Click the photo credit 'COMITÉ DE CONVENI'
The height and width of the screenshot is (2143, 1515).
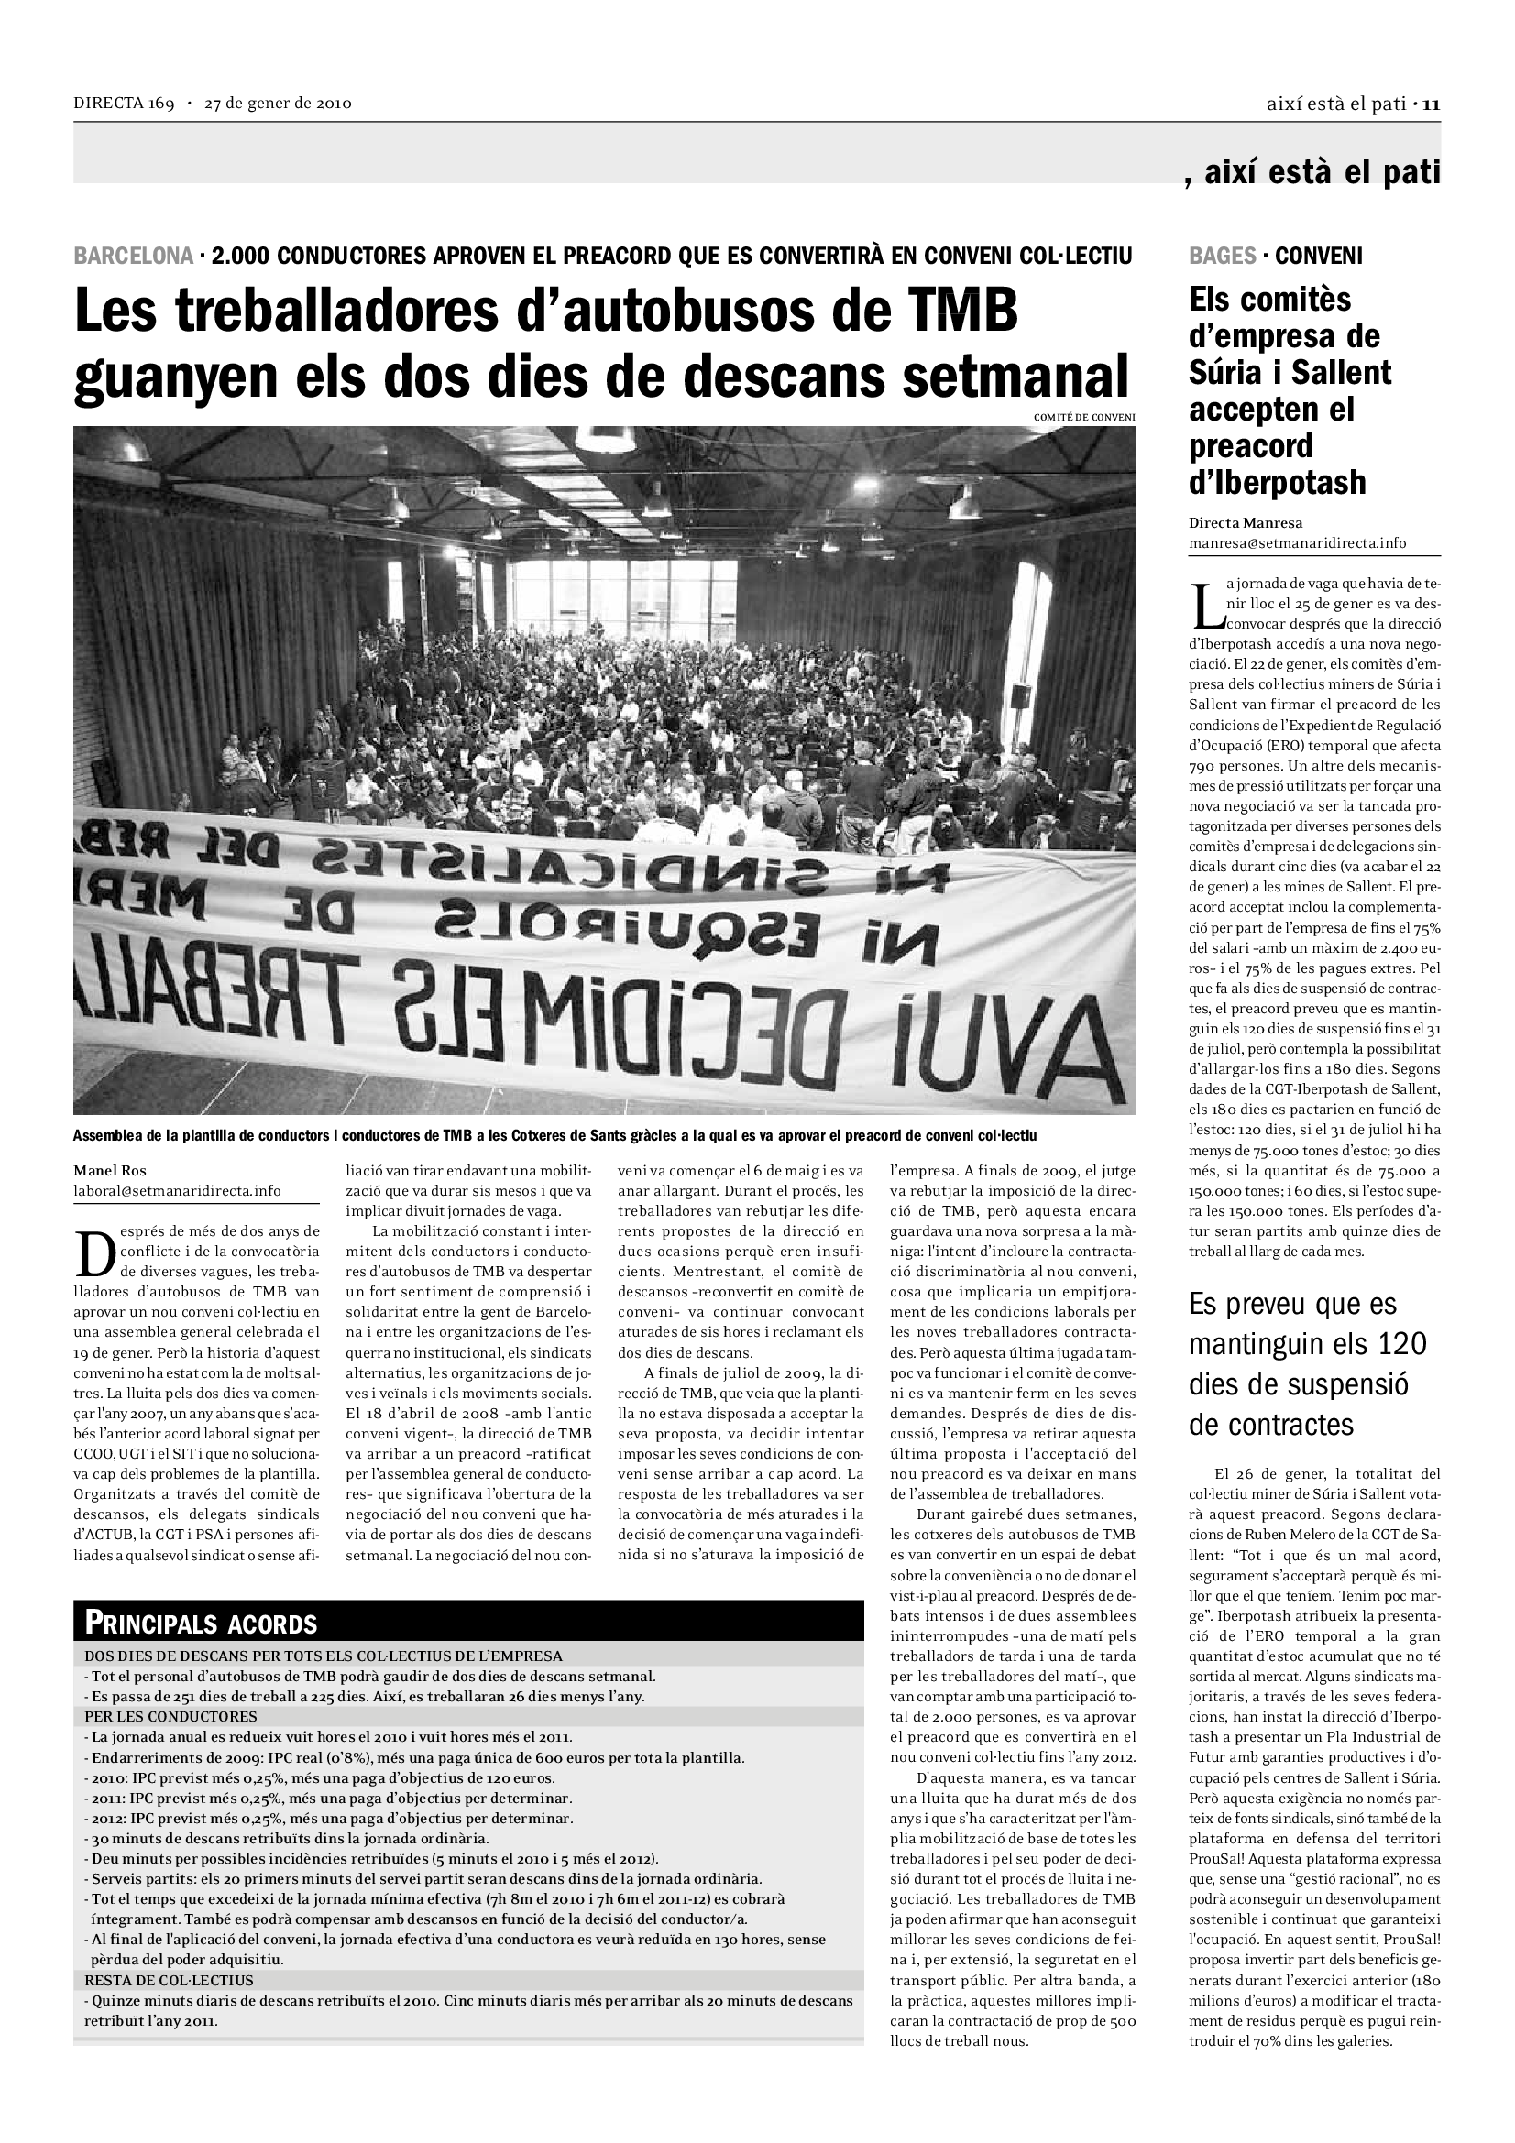1083,417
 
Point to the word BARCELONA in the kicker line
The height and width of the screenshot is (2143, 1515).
134,255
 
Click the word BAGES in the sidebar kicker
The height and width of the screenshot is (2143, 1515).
1222,255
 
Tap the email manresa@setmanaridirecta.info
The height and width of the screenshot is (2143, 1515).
1297,543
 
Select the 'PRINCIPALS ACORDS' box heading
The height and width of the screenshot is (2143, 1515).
201,1624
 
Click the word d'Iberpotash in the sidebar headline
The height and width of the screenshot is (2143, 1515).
1277,483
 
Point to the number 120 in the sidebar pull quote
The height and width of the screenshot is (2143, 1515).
1400,1343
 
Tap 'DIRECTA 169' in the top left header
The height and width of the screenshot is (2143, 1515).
124,104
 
